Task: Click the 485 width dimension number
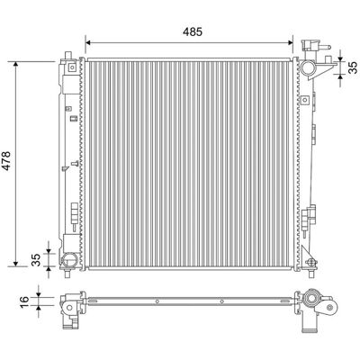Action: [x=193, y=31]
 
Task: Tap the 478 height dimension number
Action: [x=6, y=161]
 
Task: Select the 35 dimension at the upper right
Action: [x=353, y=67]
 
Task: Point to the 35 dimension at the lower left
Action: [x=36, y=260]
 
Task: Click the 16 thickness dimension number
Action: [x=24, y=301]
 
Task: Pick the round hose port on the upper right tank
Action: [x=308, y=67]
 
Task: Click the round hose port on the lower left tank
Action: [x=68, y=260]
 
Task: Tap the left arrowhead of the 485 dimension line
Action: [x=88, y=42]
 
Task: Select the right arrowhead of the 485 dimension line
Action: [x=290, y=42]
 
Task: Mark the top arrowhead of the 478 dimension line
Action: [x=16, y=65]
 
